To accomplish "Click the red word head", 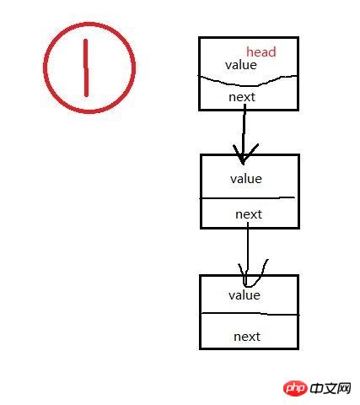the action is [x=261, y=52].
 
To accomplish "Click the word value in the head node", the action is [x=241, y=65].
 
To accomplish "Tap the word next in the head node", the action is [x=242, y=97].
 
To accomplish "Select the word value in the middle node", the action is [x=246, y=179].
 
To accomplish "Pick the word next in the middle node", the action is [x=249, y=214].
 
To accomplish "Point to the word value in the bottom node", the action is [x=244, y=295].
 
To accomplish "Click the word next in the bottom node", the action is [x=247, y=337].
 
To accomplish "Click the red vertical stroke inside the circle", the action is [x=86, y=67].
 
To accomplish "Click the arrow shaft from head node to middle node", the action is [x=244, y=132].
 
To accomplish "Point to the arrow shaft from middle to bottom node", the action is [x=248, y=251].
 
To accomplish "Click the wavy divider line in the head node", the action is [x=248, y=81].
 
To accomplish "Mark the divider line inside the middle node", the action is [x=247, y=198].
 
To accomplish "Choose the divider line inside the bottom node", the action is [x=250, y=314].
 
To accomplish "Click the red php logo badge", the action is [x=295, y=388].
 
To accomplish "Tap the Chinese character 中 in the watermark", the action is [x=316, y=388].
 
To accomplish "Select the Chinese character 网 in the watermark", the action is [x=344, y=388].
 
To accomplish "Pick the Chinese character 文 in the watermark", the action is [x=330, y=388].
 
